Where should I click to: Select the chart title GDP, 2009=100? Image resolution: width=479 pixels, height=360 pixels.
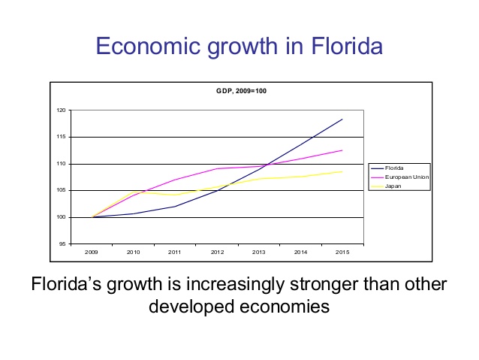(x=236, y=91)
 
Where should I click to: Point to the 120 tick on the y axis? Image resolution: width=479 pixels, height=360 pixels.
(x=62, y=110)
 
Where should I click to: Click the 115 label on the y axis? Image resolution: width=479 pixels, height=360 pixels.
(x=62, y=137)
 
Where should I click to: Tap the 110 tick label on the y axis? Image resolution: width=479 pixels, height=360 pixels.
(x=62, y=164)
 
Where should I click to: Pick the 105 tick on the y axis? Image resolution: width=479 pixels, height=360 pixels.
(x=62, y=190)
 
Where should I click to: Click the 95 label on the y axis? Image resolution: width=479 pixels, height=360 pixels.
(x=62, y=244)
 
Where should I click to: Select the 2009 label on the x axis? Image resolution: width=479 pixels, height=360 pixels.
(x=92, y=253)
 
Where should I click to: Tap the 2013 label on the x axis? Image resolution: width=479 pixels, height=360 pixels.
(x=259, y=253)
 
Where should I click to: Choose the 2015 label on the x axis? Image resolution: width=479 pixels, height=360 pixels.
(x=342, y=253)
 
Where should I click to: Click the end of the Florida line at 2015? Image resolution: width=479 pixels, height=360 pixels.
(x=342, y=119)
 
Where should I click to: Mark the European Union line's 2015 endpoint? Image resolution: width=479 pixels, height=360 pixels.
(x=342, y=150)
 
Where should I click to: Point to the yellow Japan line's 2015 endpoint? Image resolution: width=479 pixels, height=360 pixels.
(x=342, y=171)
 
